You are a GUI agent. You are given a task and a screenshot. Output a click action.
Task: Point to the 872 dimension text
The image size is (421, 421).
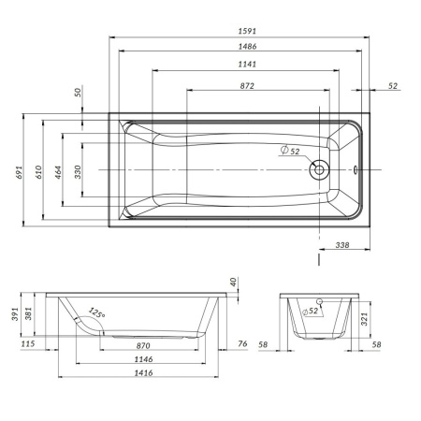248,85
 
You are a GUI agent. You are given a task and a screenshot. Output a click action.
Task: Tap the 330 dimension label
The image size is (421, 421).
78,171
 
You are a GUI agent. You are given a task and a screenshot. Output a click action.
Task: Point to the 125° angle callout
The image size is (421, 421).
95,312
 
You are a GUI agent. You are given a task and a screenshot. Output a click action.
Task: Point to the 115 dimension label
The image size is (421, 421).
28,345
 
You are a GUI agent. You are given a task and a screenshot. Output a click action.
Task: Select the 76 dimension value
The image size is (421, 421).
242,345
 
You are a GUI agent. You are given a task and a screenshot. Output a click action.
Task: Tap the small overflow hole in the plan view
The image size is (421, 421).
356,170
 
